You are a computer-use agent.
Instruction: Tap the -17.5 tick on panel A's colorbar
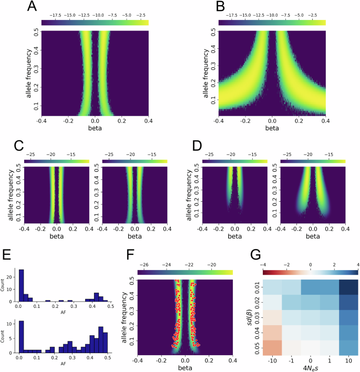click(55, 14)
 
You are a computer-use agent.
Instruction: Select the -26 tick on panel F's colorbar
click(144, 265)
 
